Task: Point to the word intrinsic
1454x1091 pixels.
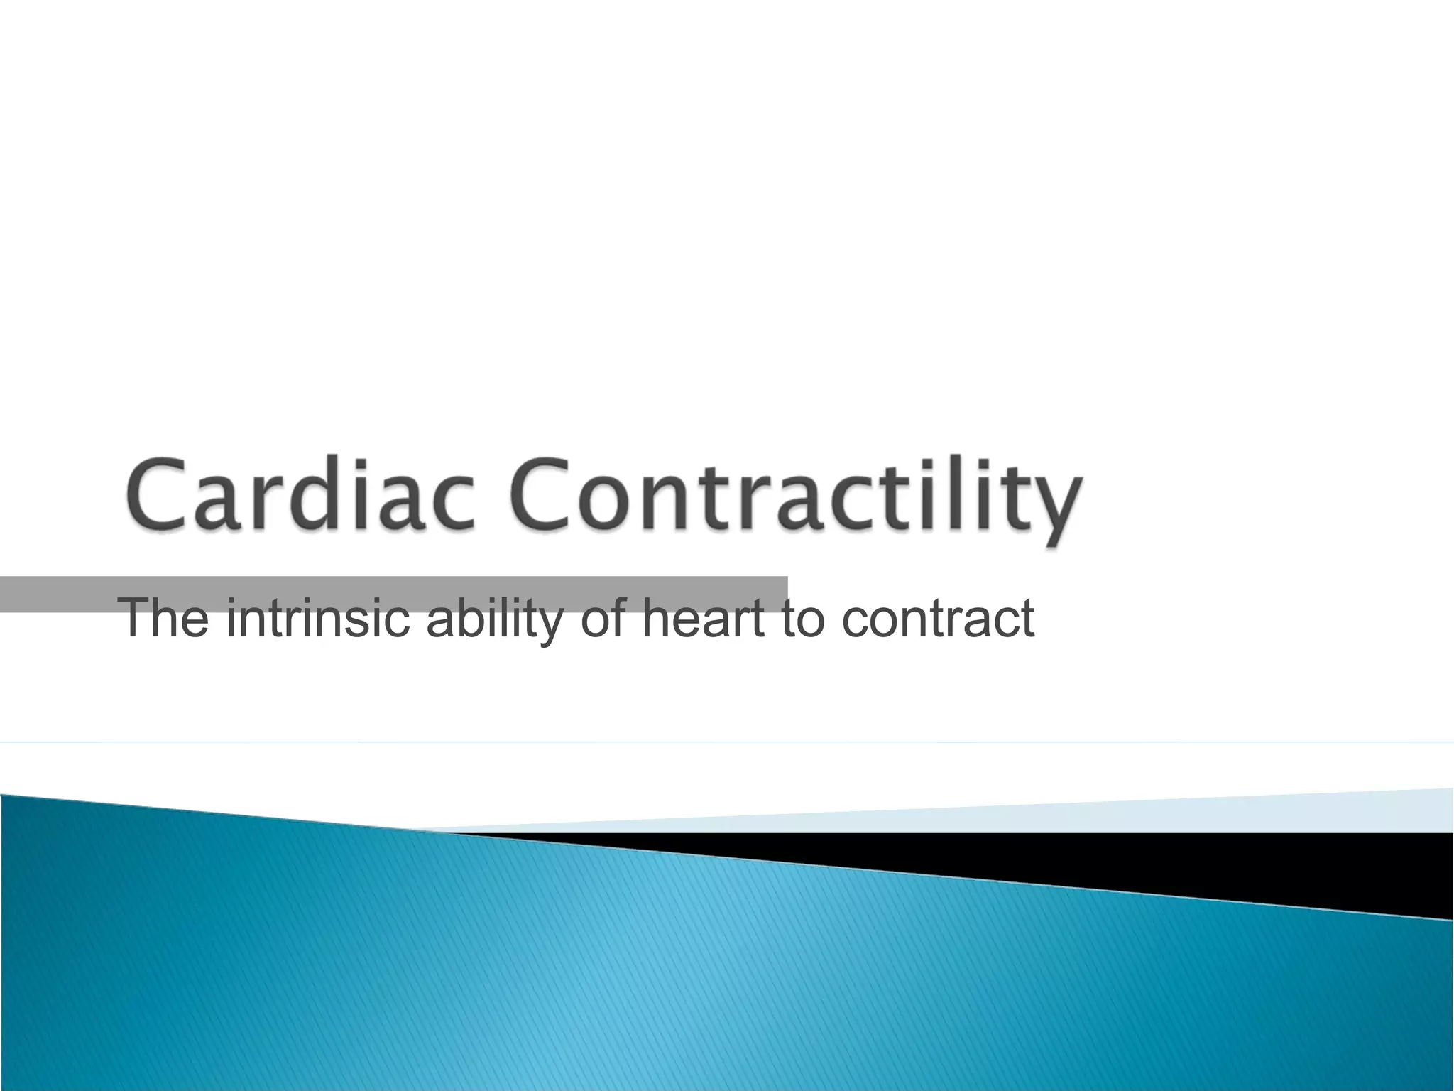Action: [317, 618]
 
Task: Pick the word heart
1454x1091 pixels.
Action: [703, 618]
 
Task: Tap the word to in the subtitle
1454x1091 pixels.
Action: [802, 618]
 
